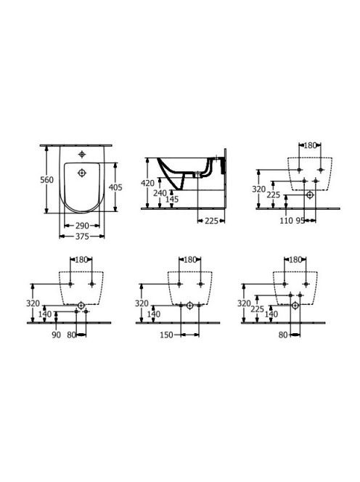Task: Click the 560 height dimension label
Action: point(46,180)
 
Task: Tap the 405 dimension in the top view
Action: point(115,187)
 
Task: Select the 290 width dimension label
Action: point(83,226)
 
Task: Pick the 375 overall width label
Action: point(83,237)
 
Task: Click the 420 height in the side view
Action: point(147,183)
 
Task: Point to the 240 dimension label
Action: point(160,194)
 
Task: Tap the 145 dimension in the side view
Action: point(172,200)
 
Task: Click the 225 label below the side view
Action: point(211,221)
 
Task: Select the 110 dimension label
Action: point(286,221)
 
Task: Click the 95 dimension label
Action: point(300,221)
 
